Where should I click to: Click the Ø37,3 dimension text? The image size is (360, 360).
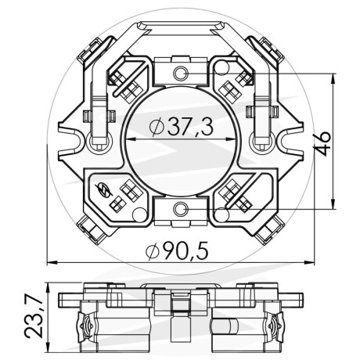pyautogui.click(x=182, y=127)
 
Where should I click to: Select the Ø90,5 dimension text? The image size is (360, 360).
pyautogui.click(x=178, y=251)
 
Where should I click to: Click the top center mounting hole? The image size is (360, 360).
pyautogui.click(x=181, y=73)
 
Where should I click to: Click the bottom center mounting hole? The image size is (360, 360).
pyautogui.click(x=181, y=209)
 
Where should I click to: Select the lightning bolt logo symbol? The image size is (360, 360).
pyautogui.click(x=103, y=189)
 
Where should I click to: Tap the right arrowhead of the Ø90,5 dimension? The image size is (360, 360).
pyautogui.click(x=310, y=262)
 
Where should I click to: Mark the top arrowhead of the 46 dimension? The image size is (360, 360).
pyautogui.click(x=333, y=78)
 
